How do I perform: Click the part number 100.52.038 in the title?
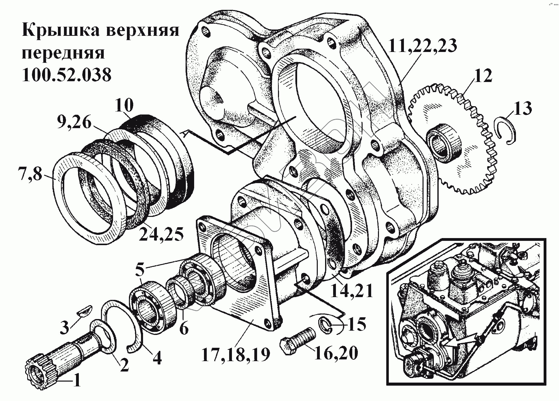(x=66, y=75)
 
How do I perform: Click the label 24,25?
(x=161, y=235)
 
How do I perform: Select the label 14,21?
(x=351, y=291)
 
